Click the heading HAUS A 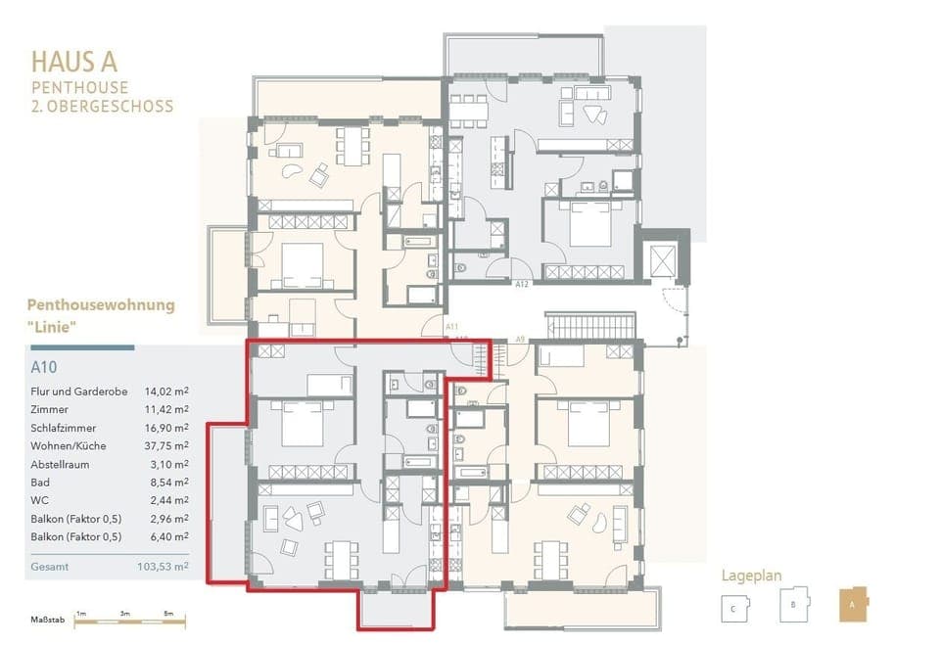coord(74,62)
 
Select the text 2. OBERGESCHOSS coord(102,106)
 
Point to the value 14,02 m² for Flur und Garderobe coord(166,392)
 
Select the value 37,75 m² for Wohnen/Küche coord(166,445)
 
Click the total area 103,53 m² coord(163,566)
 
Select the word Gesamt coord(50,566)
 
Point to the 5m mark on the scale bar coord(168,613)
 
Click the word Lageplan coord(752,576)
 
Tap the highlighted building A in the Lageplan coord(852,605)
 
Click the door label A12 coord(522,284)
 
